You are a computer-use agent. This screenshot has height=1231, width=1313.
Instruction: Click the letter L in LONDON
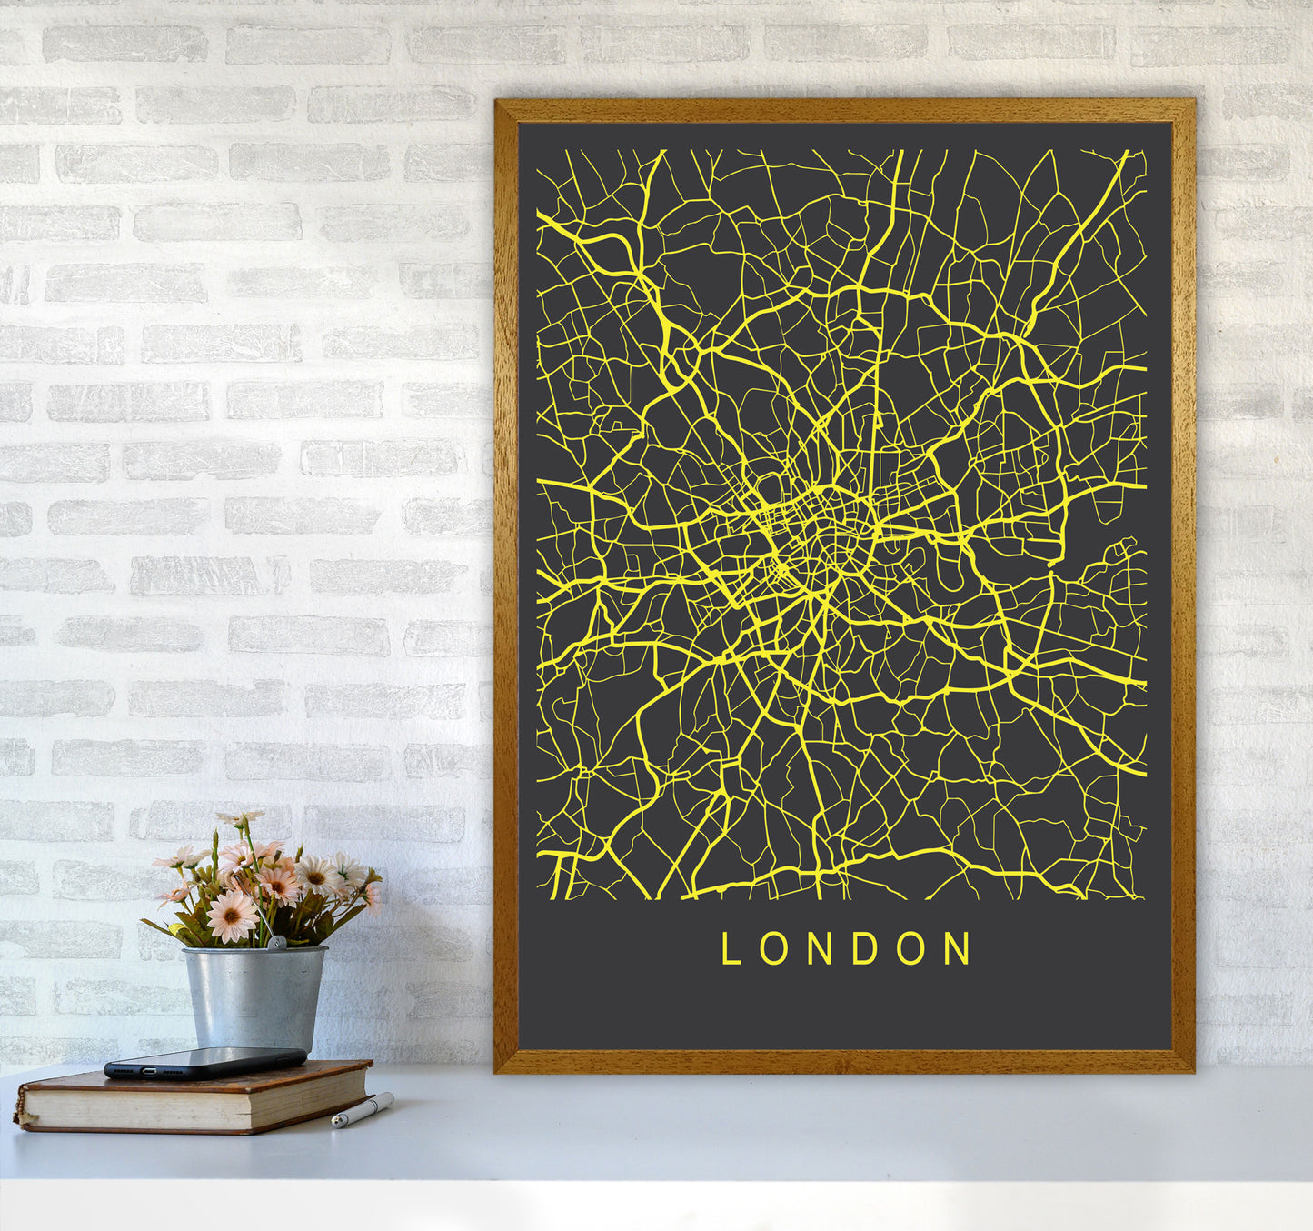point(729,948)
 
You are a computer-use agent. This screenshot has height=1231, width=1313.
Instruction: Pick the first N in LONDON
point(818,948)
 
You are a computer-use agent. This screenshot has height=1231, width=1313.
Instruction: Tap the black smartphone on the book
point(204,1061)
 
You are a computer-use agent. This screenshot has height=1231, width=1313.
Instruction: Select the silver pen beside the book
point(362,1110)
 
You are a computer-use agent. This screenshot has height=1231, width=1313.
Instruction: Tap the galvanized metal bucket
point(254,997)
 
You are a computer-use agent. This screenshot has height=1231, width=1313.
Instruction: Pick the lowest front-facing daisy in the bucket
point(232,916)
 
